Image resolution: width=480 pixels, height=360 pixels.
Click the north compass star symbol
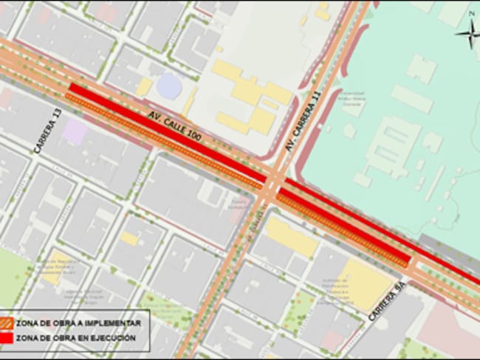click(x=469, y=32)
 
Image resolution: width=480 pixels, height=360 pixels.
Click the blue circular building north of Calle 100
click(x=168, y=86)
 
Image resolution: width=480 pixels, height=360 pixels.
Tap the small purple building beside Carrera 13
click(x=74, y=132)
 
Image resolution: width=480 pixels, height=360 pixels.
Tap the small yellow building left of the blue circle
click(x=144, y=87)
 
